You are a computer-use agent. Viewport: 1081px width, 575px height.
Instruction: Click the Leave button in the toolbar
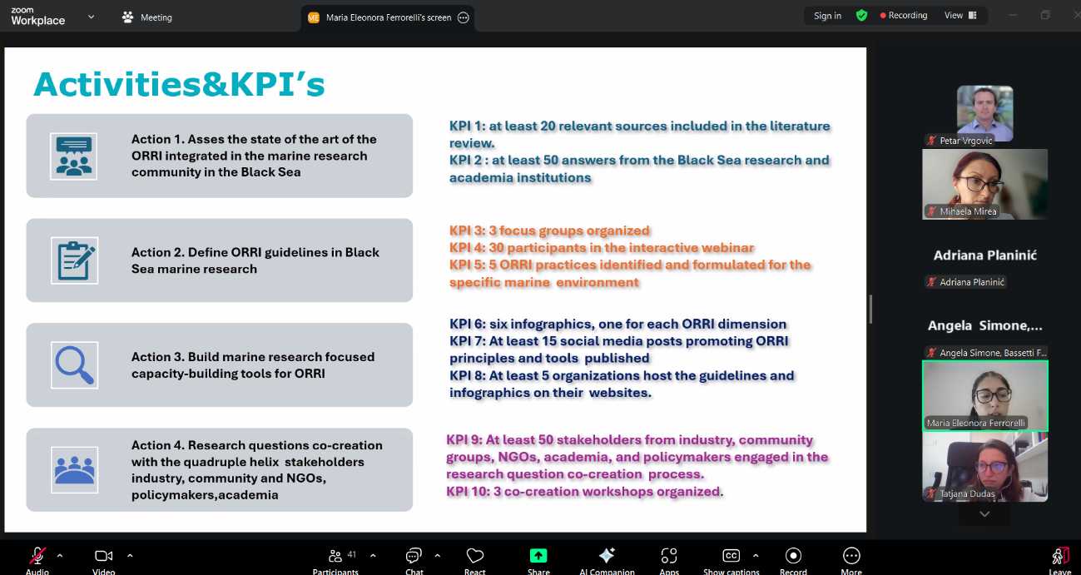tap(1059, 557)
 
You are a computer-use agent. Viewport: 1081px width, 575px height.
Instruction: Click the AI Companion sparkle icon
tap(607, 556)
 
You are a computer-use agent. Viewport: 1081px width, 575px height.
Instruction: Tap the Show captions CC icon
tap(731, 556)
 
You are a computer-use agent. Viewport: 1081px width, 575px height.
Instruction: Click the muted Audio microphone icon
tap(37, 556)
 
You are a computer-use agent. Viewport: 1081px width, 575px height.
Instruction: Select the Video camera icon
tap(104, 556)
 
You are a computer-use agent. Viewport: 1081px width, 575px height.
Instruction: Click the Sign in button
tap(827, 16)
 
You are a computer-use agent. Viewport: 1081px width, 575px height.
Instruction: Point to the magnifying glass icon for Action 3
tap(74, 364)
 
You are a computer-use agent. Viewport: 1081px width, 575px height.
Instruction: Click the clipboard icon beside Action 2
tap(74, 260)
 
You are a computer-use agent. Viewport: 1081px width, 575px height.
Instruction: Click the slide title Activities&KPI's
tap(179, 85)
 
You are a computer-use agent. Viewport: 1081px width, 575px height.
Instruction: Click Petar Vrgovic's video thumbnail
tap(984, 113)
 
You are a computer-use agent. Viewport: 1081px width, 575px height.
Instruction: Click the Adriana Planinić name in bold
tap(984, 255)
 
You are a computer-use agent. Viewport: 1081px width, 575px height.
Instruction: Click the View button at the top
tap(960, 16)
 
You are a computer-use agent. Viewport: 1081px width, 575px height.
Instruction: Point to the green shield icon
tap(861, 16)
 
